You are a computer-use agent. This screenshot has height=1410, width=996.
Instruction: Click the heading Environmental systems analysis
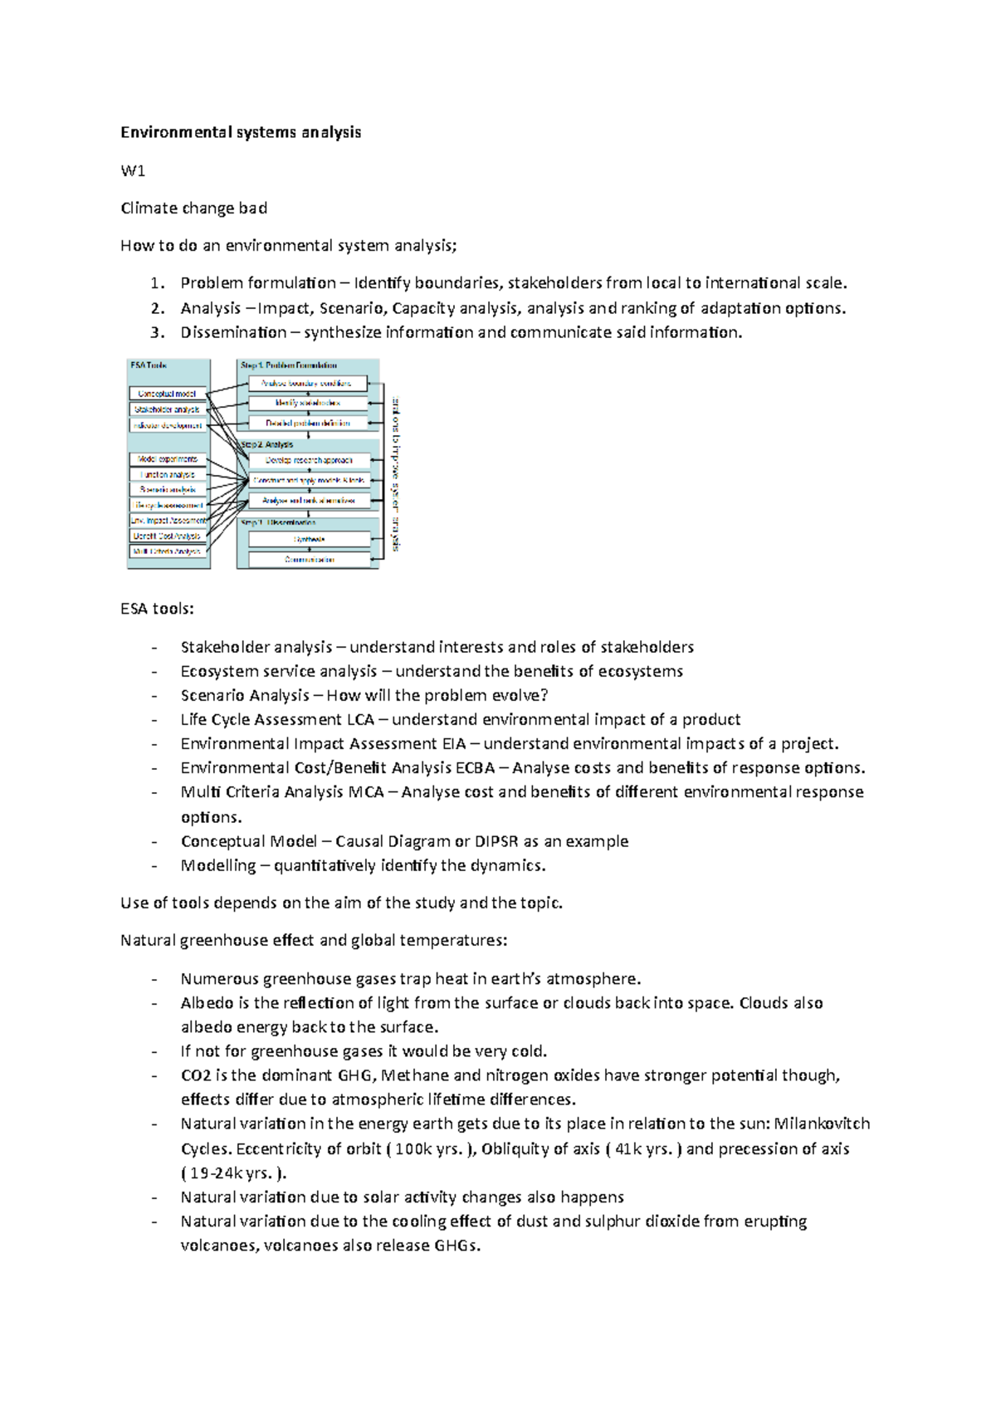(241, 132)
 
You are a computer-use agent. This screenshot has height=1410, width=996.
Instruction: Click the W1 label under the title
(133, 171)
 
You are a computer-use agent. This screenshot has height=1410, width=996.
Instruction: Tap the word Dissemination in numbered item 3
(233, 332)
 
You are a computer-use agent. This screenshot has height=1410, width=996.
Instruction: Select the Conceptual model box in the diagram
(167, 394)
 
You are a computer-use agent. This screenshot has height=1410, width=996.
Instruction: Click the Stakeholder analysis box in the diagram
(167, 409)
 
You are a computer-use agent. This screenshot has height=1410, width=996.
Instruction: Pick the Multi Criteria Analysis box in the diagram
(167, 551)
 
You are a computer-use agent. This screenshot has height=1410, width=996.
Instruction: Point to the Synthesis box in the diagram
(309, 539)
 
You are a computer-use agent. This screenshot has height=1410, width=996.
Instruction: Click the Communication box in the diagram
(309, 560)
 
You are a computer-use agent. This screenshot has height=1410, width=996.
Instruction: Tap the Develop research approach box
(309, 460)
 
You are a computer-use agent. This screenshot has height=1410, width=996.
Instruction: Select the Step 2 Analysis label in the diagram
(266, 445)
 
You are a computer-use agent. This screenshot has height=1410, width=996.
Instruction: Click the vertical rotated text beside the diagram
(396, 474)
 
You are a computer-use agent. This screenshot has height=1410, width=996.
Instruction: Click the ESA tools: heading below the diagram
(157, 609)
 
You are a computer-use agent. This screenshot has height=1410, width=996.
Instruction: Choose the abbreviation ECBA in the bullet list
(475, 767)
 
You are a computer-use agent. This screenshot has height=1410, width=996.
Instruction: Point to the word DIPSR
(496, 841)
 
